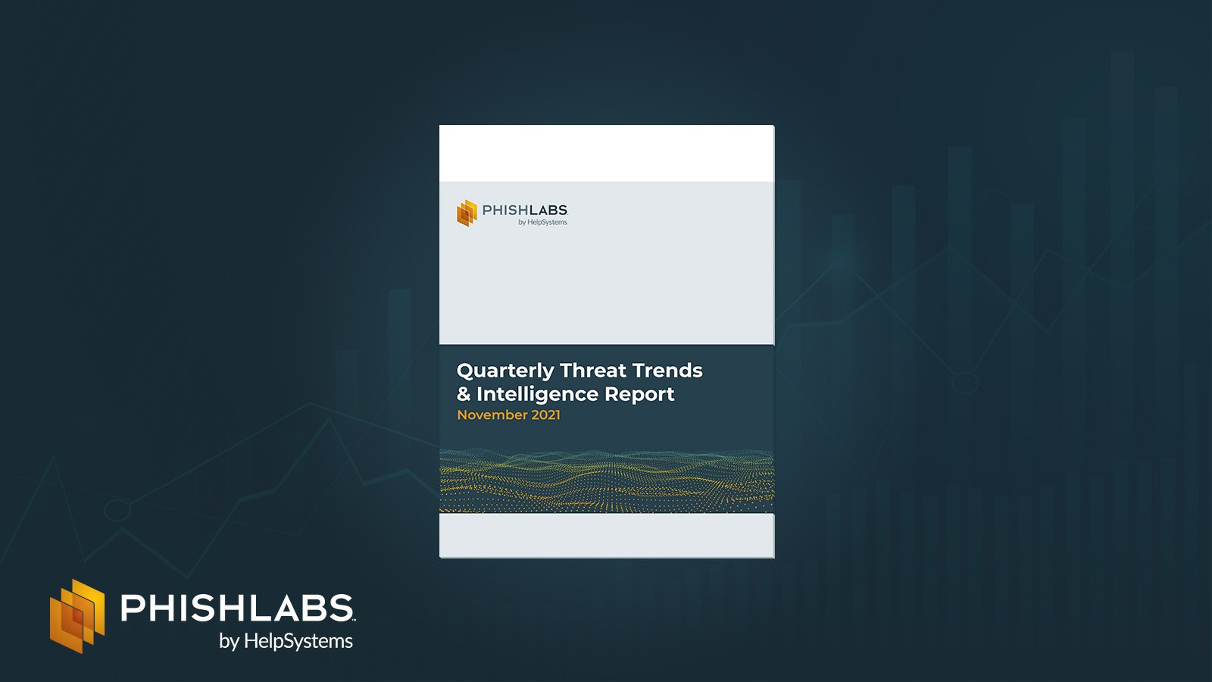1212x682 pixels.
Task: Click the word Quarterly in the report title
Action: [x=505, y=371]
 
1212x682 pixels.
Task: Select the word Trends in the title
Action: [x=667, y=371]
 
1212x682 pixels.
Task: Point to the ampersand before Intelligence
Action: [x=464, y=394]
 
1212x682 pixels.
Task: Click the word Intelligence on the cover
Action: [x=537, y=395]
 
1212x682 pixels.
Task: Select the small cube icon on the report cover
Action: [x=467, y=213]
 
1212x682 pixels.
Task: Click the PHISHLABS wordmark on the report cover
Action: [x=525, y=210]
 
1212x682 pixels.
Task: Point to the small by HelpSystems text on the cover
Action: [x=542, y=222]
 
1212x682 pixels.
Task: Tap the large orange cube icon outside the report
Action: [x=77, y=616]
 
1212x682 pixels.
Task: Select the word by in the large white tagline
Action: [x=229, y=642]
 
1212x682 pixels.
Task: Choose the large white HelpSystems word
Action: [x=298, y=641]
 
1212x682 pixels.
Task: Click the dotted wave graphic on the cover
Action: [x=607, y=480]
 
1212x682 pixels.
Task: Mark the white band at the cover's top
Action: [x=607, y=153]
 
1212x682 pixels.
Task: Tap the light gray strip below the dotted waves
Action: [x=607, y=535]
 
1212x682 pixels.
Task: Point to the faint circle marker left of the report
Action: [x=117, y=511]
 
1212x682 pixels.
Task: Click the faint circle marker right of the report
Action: [x=965, y=383]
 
